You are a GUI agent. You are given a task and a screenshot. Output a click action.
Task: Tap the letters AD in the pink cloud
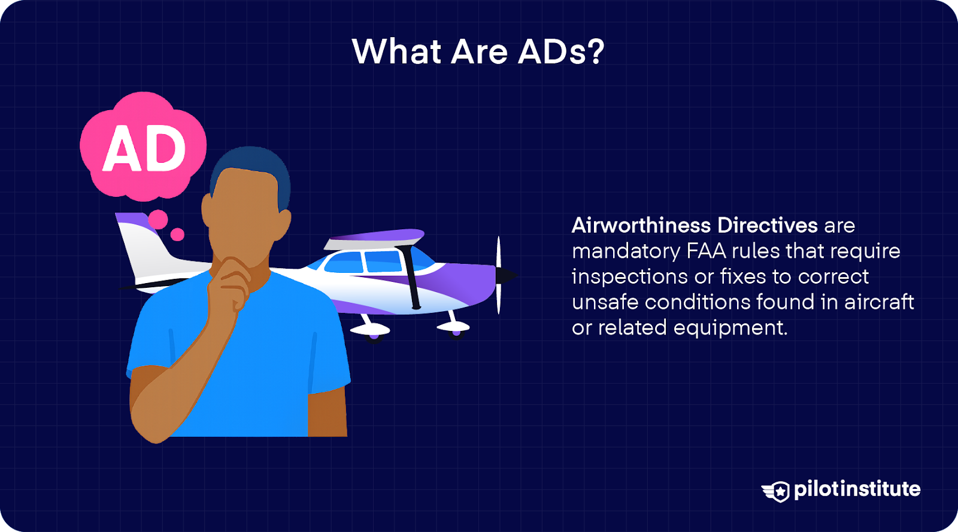144,149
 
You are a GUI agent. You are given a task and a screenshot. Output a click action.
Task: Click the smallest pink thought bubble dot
177,235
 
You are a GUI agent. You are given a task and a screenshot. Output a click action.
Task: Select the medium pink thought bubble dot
158,219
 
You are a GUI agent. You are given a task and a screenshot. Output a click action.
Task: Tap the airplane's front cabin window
383,262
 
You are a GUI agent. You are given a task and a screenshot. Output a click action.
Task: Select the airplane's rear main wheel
374,335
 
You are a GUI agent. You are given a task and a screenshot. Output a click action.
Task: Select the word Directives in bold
767,226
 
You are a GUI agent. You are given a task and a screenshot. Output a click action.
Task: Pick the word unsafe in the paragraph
605,302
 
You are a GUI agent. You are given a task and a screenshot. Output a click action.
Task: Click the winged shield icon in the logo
777,491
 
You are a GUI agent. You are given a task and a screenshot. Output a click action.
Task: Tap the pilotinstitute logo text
857,490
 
